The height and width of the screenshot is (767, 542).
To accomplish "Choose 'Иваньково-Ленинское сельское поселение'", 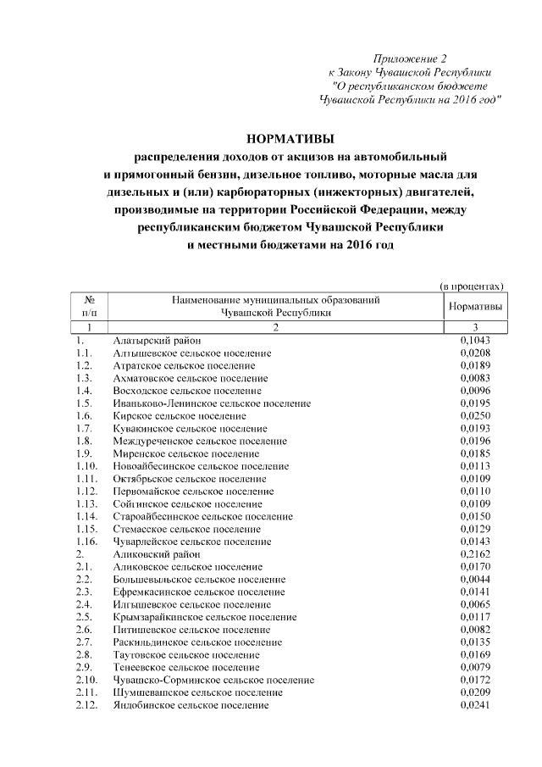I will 212,403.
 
